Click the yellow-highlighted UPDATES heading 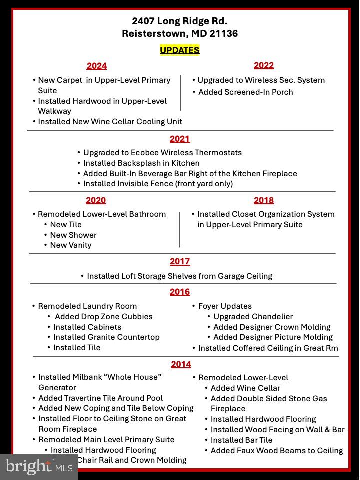[179, 50]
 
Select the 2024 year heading [96, 66]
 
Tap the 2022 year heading [263, 65]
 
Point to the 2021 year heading [179, 139]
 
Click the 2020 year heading [96, 200]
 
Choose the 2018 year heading [263, 200]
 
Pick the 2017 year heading [179, 261]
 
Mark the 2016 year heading [179, 292]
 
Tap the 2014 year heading [180, 364]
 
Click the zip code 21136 [224, 34]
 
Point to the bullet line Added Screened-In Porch [245, 92]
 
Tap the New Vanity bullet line [70, 245]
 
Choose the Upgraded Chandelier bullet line [253, 317]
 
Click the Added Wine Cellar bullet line [245, 388]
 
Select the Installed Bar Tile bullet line [241, 440]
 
